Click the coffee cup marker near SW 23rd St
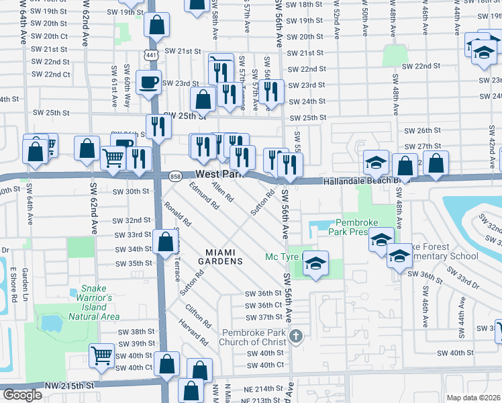click(148, 83)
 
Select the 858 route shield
click(175, 176)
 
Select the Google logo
click(22, 394)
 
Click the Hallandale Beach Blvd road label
click(362, 181)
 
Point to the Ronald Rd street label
click(178, 213)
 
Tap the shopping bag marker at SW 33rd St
click(164, 242)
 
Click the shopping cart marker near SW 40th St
click(102, 353)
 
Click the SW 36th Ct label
click(262, 305)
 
